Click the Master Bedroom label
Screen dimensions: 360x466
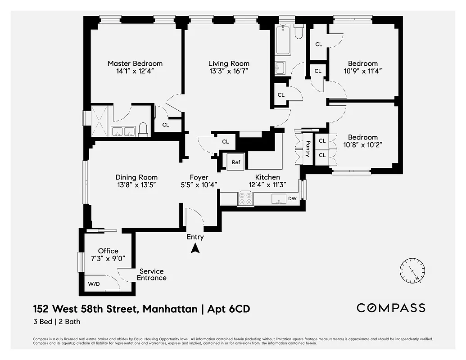pyautogui.click(x=135, y=63)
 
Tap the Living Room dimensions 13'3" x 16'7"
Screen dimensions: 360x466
pyautogui.click(x=228, y=71)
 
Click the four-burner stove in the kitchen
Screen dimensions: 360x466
pyautogui.click(x=245, y=198)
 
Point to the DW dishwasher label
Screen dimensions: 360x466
pyautogui.click(x=292, y=198)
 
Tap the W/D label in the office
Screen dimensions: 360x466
pyautogui.click(x=94, y=284)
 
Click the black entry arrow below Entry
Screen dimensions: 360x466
pyautogui.click(x=195, y=248)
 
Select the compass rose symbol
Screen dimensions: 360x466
pyautogui.click(x=412, y=270)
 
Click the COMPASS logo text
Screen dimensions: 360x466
pyautogui.click(x=390, y=308)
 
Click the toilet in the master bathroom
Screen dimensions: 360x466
pyautogui.click(x=143, y=130)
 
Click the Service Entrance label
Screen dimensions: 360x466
pyautogui.click(x=151, y=274)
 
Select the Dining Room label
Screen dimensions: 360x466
pyautogui.click(x=136, y=177)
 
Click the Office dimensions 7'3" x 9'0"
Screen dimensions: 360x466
pyautogui.click(x=108, y=258)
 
